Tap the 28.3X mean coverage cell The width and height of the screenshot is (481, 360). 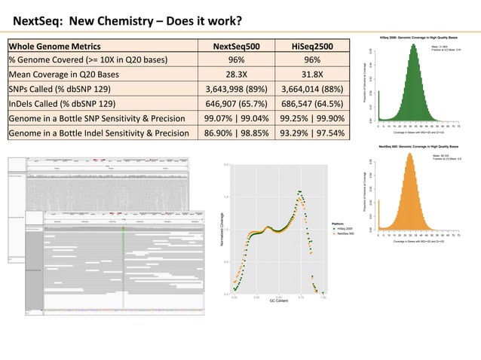[233, 75]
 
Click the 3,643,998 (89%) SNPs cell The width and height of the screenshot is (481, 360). [233, 89]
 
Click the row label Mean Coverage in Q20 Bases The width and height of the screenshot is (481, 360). [78, 75]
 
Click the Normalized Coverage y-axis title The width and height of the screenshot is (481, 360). [222, 227]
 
